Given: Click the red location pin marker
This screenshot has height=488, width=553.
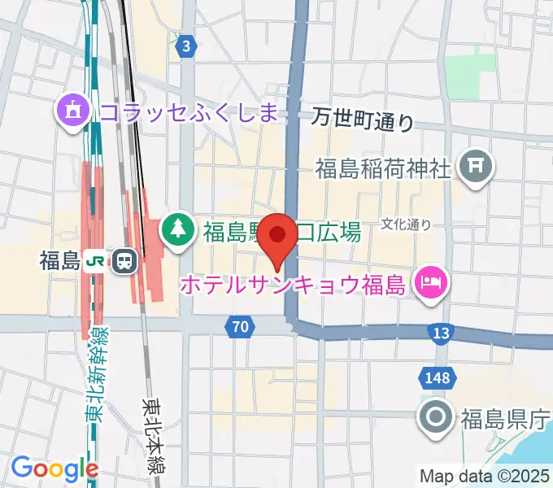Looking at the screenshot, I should pyautogui.click(x=279, y=237).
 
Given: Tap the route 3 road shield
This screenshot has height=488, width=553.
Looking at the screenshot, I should pyautogui.click(x=188, y=46).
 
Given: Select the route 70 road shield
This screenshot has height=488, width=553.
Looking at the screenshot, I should pyautogui.click(x=237, y=327).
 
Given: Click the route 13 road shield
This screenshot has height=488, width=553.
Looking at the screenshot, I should pyautogui.click(x=441, y=332).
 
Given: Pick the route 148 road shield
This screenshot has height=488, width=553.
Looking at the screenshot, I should pyautogui.click(x=436, y=375).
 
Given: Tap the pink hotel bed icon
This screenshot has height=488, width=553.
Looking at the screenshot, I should pyautogui.click(x=429, y=282).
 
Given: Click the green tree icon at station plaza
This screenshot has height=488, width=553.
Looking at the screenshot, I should pyautogui.click(x=176, y=229).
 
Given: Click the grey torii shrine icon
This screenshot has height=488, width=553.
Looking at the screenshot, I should pyautogui.click(x=474, y=168).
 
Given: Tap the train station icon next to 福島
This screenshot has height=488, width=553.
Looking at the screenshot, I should pyautogui.click(x=124, y=260).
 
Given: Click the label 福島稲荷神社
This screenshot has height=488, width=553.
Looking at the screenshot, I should pyautogui.click(x=383, y=169).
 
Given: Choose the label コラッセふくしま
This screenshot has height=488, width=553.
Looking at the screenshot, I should pyautogui.click(x=189, y=110).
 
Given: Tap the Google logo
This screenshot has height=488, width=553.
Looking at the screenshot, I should pyautogui.click(x=54, y=468).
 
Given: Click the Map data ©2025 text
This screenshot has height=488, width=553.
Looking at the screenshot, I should pyautogui.click(x=485, y=476).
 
